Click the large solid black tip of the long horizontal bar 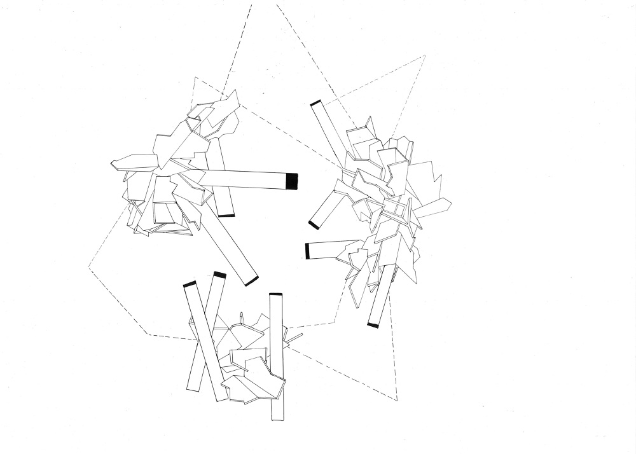[x=292, y=181]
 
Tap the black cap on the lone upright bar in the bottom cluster [x=275, y=294]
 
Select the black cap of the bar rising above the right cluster [x=315, y=102]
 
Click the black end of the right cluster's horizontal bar [x=307, y=251]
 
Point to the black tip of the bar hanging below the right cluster [x=373, y=326]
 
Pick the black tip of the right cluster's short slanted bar [x=314, y=224]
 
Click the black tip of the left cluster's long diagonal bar [x=252, y=280]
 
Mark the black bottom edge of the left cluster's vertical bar [x=226, y=216]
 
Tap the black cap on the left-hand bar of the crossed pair [x=190, y=284]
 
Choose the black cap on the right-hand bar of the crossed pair [x=219, y=275]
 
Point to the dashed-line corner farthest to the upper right [x=425, y=56]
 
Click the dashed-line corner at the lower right [x=397, y=401]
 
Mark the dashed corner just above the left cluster [x=195, y=78]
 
